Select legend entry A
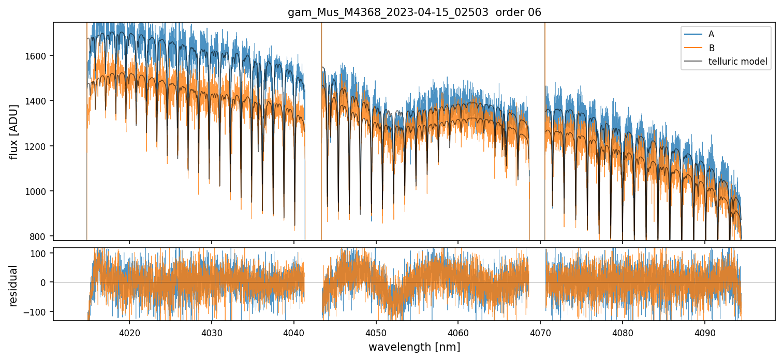711,34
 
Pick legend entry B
712,48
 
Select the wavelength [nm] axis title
414,347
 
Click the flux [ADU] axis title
14,131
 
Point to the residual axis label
14,285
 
